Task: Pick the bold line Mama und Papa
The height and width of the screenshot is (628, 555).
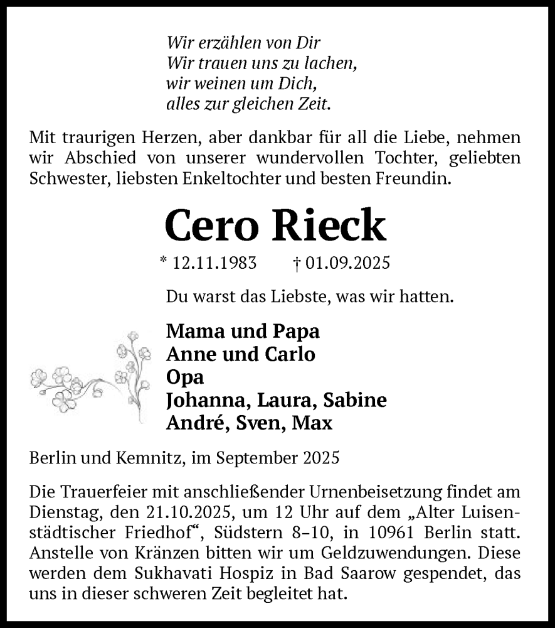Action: (243, 332)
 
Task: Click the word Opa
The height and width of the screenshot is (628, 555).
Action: (185, 377)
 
